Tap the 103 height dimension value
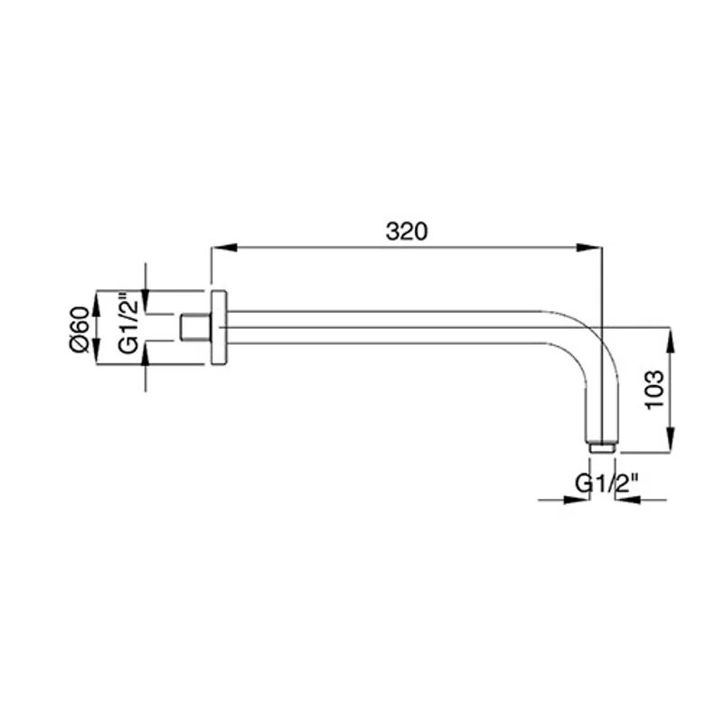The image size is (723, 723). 657,389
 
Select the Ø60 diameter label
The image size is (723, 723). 79,329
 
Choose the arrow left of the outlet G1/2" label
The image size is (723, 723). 577,498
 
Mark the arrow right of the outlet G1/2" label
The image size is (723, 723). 628,498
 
